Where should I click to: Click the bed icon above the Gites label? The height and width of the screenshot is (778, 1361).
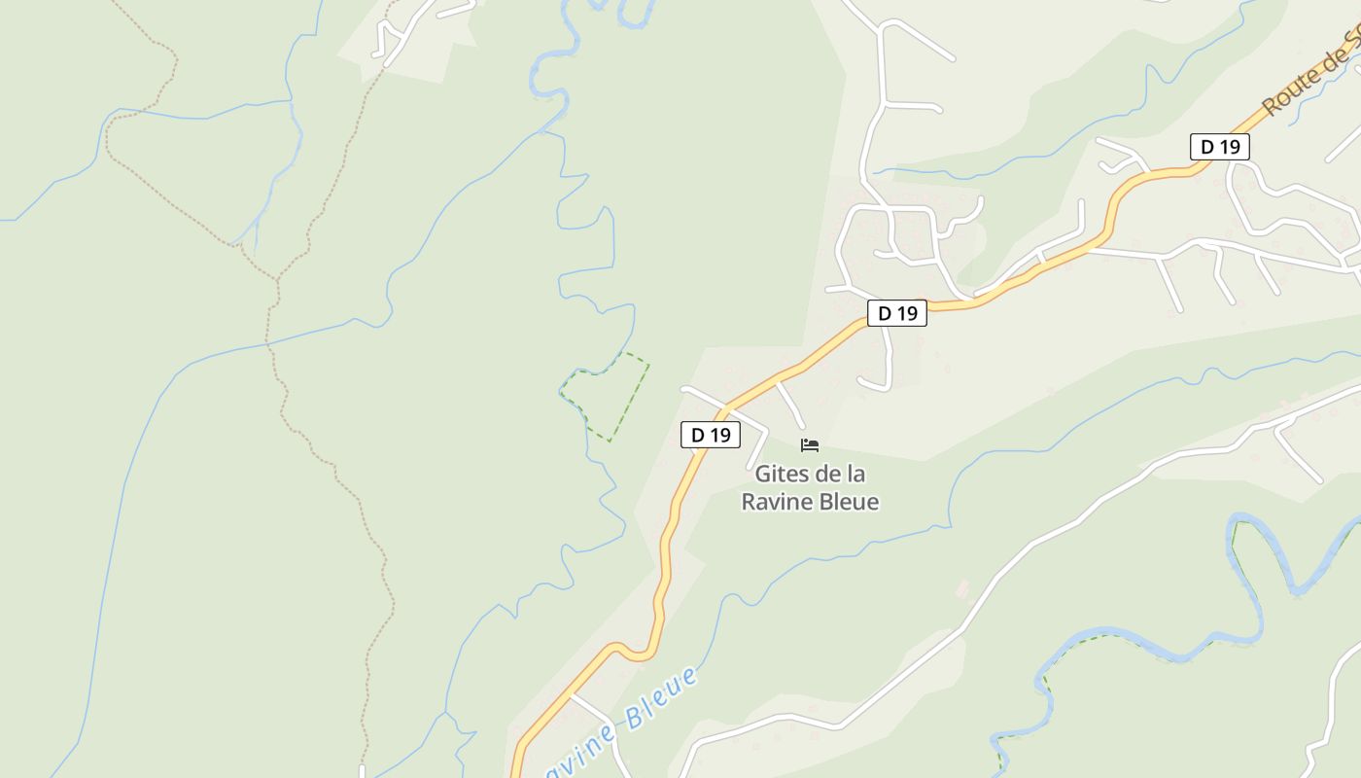[810, 445]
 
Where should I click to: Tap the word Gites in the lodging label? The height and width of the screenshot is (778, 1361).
[783, 475]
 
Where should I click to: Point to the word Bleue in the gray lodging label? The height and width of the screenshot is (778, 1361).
[848, 502]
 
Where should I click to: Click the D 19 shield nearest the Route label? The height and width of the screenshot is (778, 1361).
[1220, 147]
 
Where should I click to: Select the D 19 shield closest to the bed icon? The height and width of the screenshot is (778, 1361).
[711, 435]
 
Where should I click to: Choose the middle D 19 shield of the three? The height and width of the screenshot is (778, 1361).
[897, 313]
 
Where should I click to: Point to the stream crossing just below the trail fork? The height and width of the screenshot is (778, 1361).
[269, 342]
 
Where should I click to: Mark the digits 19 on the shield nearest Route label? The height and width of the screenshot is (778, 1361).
[1230, 147]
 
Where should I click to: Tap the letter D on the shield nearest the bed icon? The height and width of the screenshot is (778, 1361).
[697, 435]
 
